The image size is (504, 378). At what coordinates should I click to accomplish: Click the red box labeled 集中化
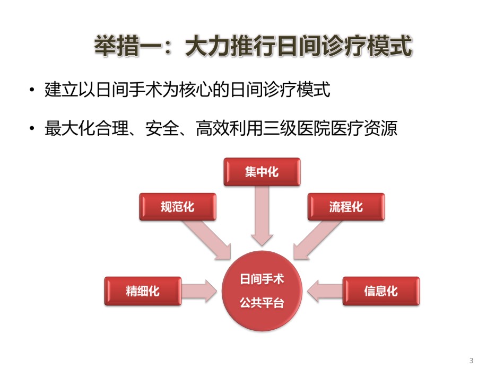coord(262,172)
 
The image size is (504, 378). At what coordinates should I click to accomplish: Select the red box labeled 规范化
coord(177,207)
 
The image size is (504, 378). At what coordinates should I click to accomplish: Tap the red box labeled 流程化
coord(346,207)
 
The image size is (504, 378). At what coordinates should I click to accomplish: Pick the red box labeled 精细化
coord(143,291)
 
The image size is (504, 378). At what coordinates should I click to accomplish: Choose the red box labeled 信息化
coord(381,291)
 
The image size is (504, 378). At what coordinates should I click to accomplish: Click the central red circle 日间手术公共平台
coord(262,291)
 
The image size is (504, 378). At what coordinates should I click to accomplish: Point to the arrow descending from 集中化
coord(262,216)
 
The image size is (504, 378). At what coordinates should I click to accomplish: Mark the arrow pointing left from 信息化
coord(325,291)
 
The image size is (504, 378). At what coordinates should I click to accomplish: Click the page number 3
coord(471,361)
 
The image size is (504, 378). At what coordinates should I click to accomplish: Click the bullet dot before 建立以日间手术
coord(31,90)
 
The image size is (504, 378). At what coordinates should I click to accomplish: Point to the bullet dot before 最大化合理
coord(31,128)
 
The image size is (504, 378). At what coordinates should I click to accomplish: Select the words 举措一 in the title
coord(128,46)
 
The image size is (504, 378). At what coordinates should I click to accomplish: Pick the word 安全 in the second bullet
coord(162,128)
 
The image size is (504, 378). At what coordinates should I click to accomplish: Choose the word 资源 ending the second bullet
coord(381,128)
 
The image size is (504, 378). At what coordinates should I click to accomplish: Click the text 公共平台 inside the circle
coord(262,303)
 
